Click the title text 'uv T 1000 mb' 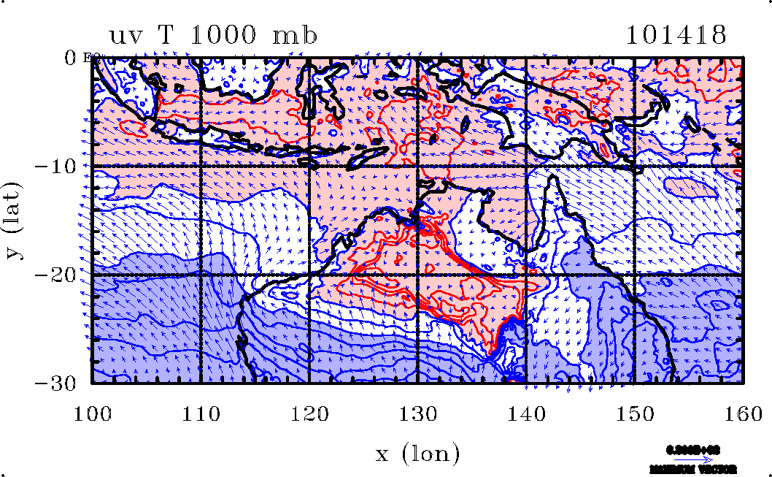(x=213, y=35)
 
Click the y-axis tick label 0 (x=71, y=57)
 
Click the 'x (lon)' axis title (x=417, y=454)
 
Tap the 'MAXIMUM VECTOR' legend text (x=692, y=469)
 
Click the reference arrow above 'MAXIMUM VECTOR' (x=693, y=459)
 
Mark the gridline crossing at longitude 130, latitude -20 (x=417, y=275)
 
